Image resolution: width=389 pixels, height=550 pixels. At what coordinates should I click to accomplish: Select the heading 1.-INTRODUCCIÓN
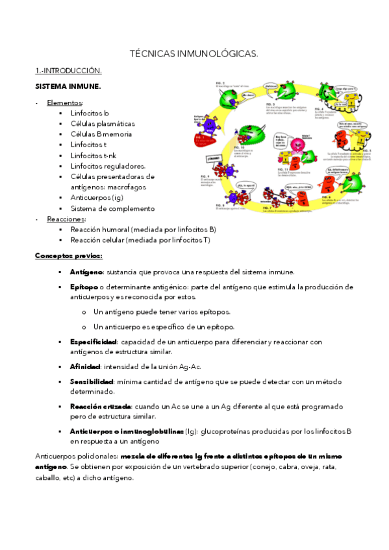point(68,71)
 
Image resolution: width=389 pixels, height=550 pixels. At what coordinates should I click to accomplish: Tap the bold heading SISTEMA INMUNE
point(68,86)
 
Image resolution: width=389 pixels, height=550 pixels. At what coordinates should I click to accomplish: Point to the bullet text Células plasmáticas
point(103,123)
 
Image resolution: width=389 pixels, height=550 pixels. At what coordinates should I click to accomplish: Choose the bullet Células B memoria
point(101,134)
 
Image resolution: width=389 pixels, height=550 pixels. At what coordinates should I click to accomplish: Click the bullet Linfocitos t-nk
point(96,155)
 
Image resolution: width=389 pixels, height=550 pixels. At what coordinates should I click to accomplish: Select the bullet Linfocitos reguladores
point(108,166)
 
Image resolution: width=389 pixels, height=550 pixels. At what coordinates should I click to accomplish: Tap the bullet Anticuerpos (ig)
point(97,198)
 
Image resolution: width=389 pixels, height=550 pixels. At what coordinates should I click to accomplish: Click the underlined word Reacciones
point(66,219)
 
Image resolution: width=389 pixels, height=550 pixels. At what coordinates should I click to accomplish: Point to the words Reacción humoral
point(99,230)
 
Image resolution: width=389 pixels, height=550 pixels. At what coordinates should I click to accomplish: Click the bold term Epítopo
point(84,287)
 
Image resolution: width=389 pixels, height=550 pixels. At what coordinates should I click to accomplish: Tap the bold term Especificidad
point(93,341)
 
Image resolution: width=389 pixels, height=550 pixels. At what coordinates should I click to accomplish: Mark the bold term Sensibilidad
point(92,382)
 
